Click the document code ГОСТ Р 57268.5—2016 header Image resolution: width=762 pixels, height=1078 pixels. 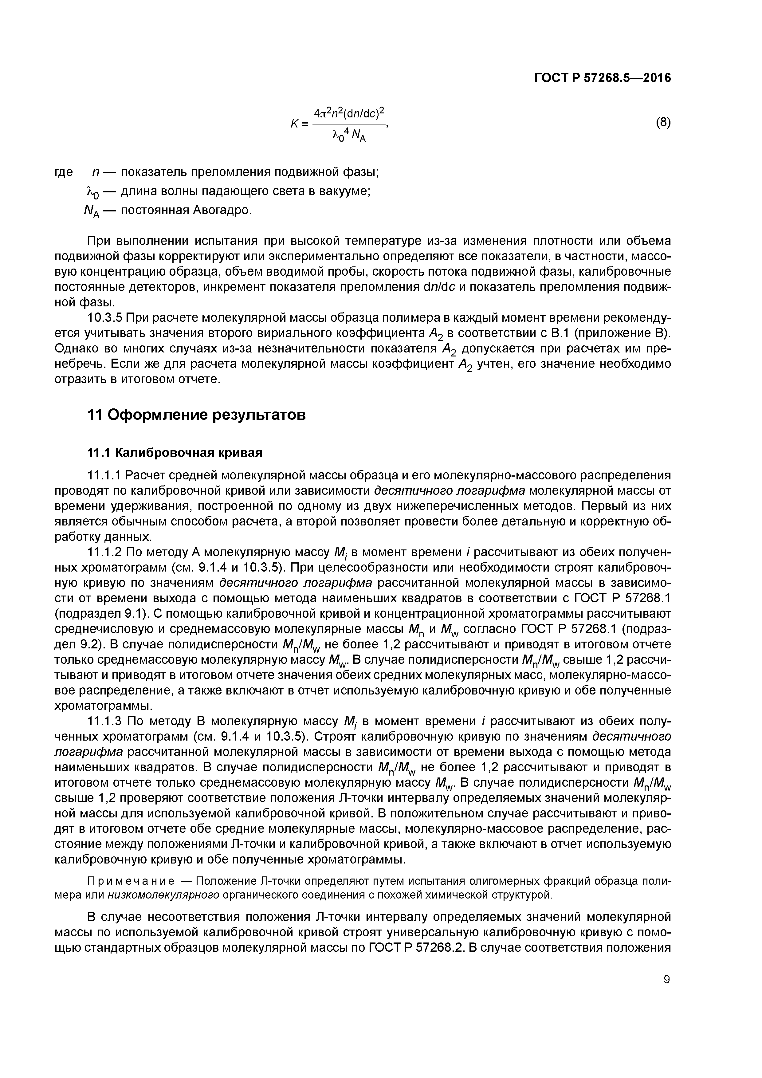(x=603, y=78)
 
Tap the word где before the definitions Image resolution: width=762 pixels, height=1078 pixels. (x=64, y=172)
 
